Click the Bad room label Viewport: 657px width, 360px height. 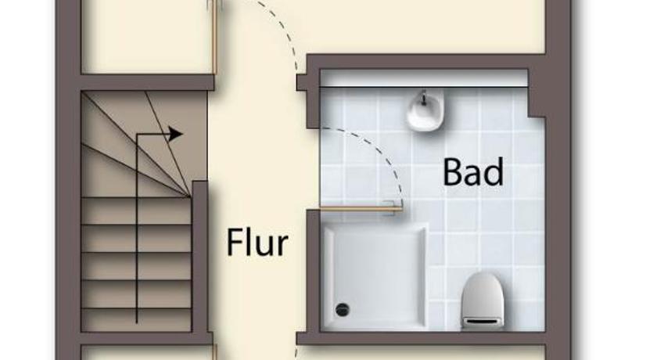click(473, 172)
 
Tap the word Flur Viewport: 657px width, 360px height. click(257, 242)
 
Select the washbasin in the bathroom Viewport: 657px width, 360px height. click(425, 110)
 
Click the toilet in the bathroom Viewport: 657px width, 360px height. click(483, 300)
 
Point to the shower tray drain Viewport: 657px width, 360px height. click(343, 310)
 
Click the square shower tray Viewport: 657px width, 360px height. click(375, 276)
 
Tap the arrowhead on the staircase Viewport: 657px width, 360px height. click(176, 134)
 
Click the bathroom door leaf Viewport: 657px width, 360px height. click(361, 208)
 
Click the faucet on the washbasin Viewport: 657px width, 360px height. click(424, 99)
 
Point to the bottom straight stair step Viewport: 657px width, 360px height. click(136, 320)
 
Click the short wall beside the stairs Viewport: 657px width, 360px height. click(200, 257)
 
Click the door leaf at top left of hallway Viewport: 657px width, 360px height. click(214, 37)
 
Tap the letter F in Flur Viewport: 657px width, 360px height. click(233, 242)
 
